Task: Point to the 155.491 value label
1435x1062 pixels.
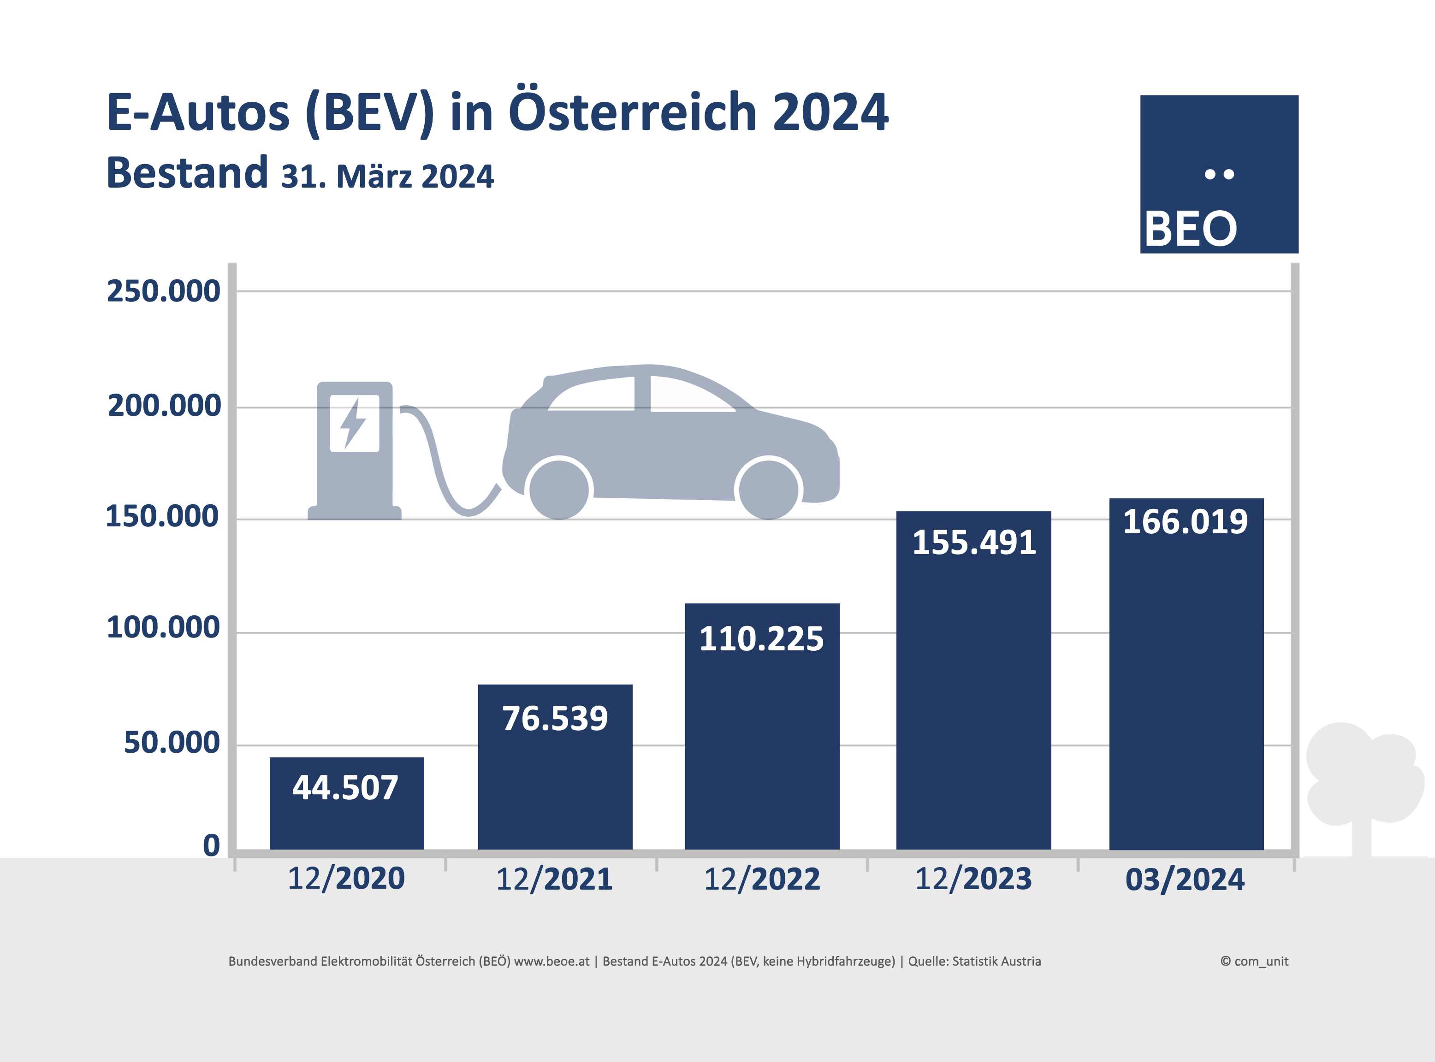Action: pos(973,543)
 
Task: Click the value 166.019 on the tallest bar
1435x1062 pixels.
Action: pos(1185,521)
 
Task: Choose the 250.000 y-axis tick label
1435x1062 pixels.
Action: pos(163,291)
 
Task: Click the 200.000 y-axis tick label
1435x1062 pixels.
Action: pos(164,406)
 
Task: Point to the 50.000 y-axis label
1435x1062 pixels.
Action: pos(172,743)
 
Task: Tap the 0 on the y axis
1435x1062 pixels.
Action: pos(212,845)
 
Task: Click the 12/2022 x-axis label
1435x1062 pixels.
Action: pos(762,879)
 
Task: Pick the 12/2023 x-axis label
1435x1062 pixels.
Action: pos(973,879)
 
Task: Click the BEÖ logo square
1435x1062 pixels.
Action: pos(1219,174)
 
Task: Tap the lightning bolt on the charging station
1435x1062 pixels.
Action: pos(353,423)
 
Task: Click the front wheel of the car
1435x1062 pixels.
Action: pos(769,490)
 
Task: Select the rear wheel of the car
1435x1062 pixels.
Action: pos(559,490)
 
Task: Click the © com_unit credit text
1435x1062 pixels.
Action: pos(1254,962)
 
